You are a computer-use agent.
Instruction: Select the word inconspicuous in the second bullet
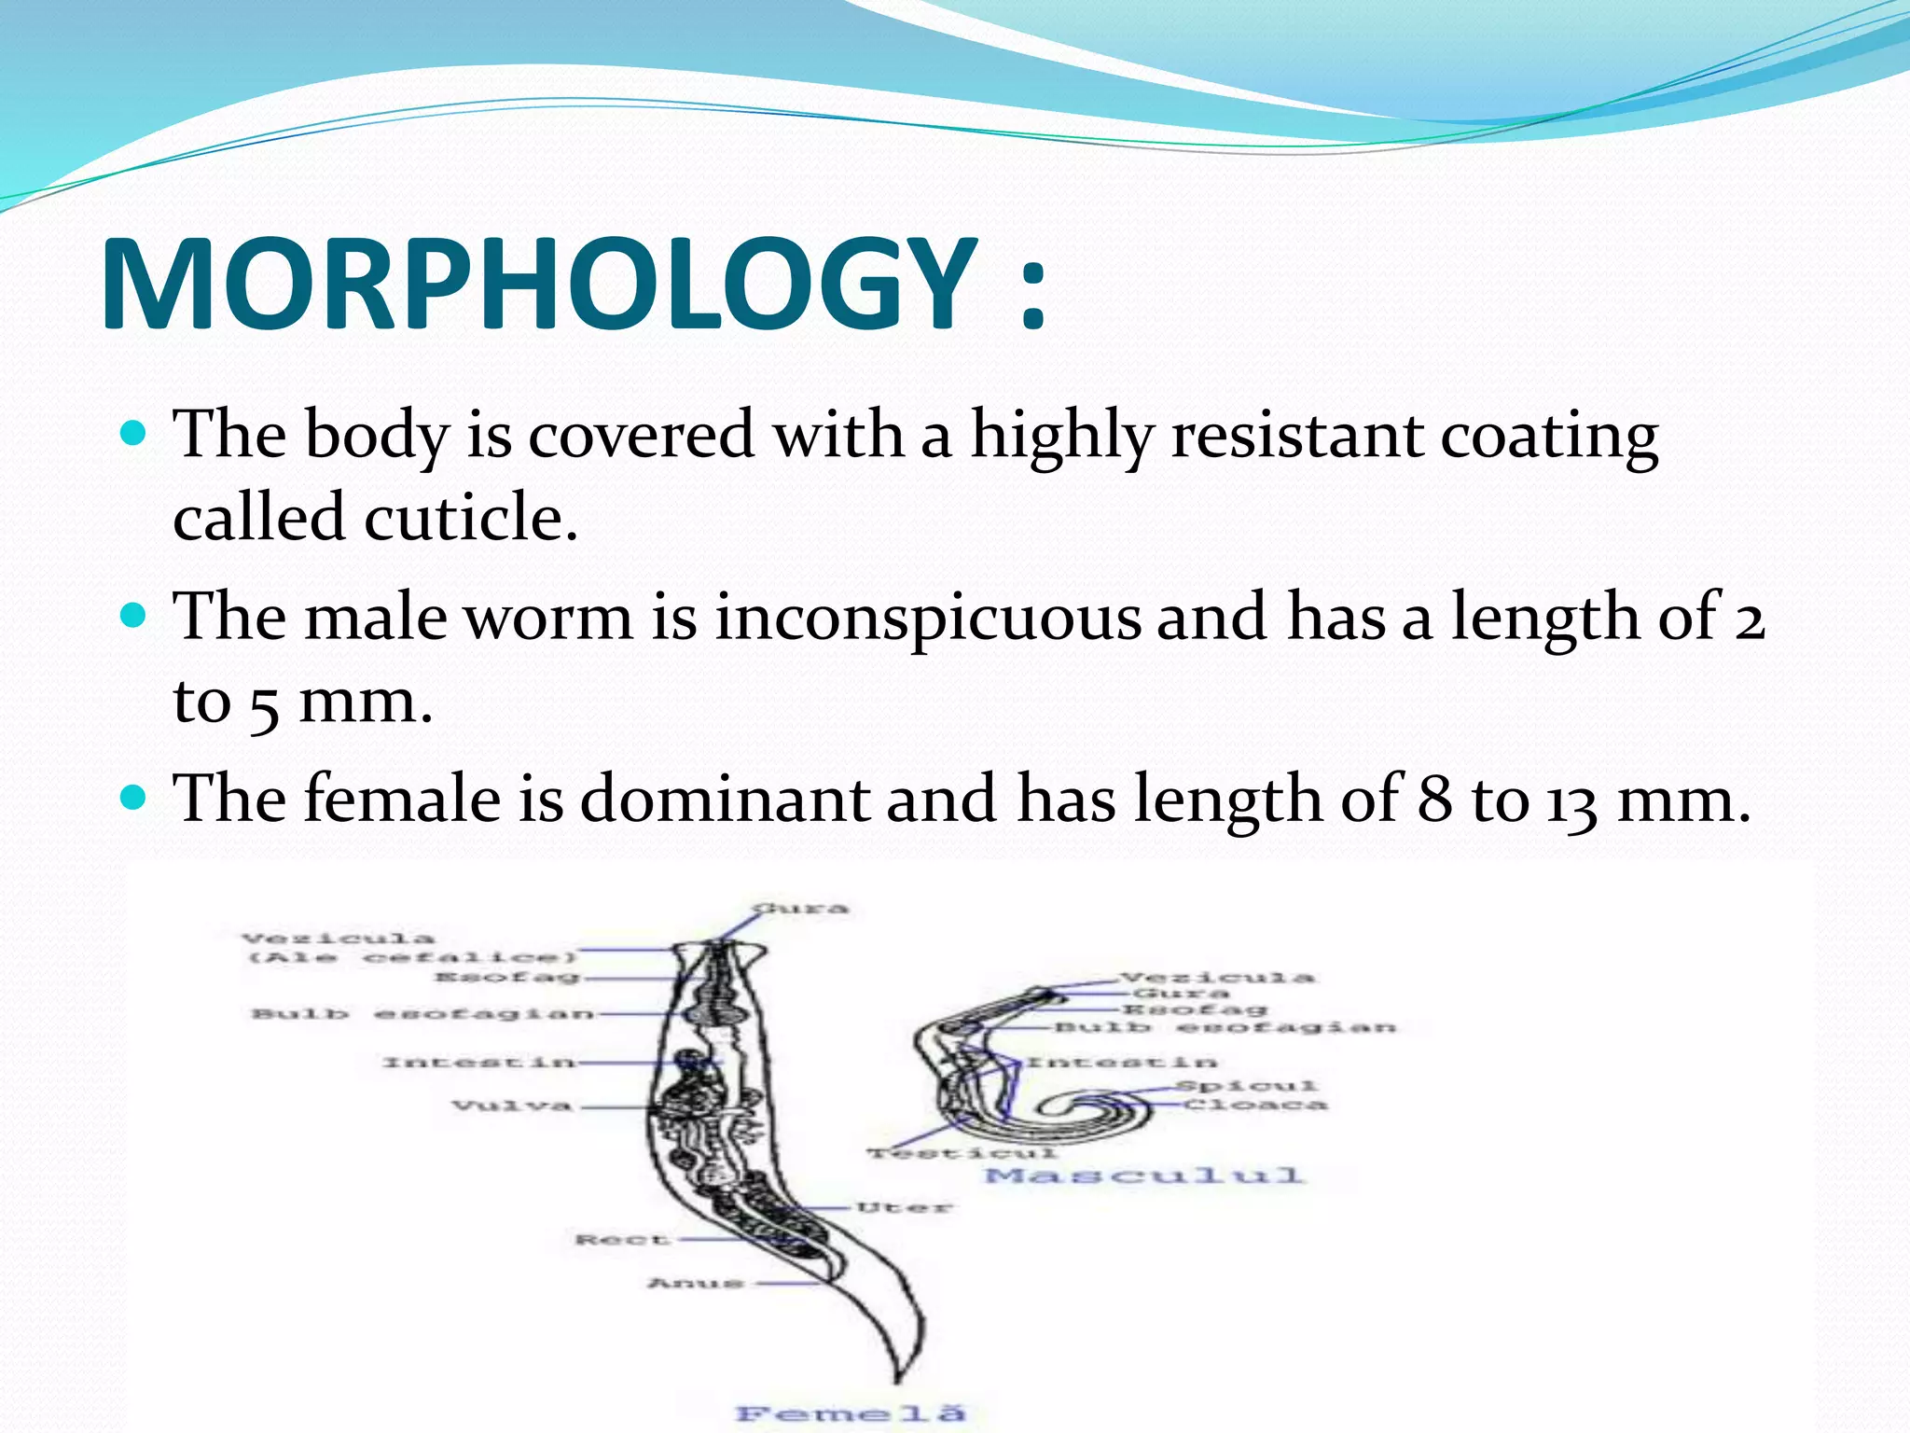[x=927, y=618]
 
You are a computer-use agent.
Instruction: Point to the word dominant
[x=725, y=800]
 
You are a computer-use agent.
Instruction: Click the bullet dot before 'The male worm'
[x=135, y=616]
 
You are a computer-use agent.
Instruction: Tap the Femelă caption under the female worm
[x=850, y=1413]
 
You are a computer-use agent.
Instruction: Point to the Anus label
[x=696, y=1284]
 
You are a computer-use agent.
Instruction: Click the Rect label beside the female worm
[x=622, y=1240]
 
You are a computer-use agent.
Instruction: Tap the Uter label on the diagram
[x=904, y=1208]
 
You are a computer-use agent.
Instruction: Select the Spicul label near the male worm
[x=1246, y=1086]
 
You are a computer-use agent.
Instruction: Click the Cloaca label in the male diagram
[x=1255, y=1106]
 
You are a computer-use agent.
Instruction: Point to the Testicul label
[x=962, y=1154]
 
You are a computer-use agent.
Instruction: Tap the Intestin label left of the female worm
[x=477, y=1063]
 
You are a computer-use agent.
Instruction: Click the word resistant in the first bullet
[x=1296, y=436]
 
